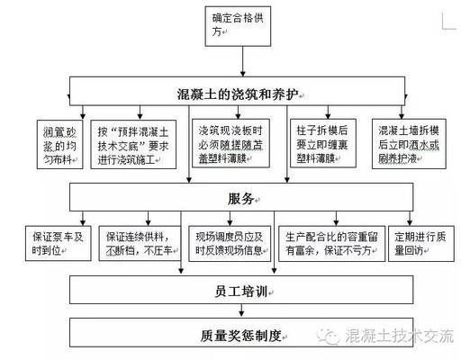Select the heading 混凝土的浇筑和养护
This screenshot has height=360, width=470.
(237, 94)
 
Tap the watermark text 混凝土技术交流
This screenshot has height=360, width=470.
(401, 337)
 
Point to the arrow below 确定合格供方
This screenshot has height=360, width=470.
(238, 63)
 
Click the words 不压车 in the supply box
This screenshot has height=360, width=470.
(158, 250)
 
